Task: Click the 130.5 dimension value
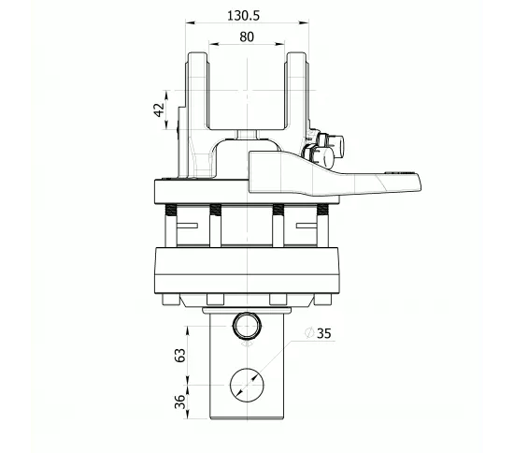click(x=244, y=15)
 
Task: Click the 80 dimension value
click(x=247, y=37)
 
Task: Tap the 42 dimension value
click(x=159, y=110)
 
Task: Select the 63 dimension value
click(x=179, y=355)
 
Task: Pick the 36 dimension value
click(x=179, y=402)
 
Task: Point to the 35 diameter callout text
click(x=324, y=333)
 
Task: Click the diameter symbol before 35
click(x=309, y=332)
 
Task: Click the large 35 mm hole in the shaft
click(x=247, y=385)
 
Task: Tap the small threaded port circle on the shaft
click(x=247, y=326)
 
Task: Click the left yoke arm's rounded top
click(x=197, y=54)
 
